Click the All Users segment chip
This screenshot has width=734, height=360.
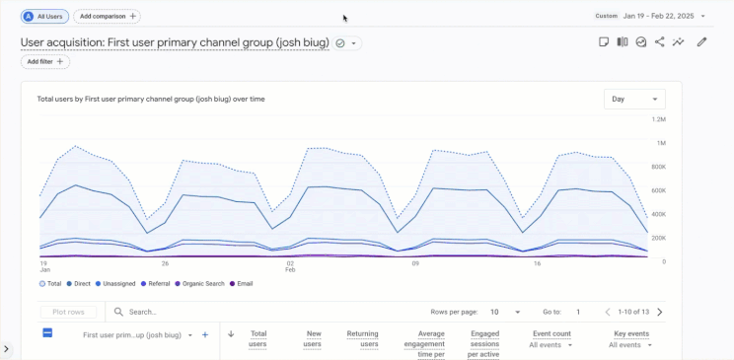tap(45, 17)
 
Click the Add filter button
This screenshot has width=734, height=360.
tap(46, 61)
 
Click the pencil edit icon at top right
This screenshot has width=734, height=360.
tap(701, 42)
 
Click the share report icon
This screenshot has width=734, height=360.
tap(660, 42)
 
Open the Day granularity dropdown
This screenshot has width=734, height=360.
tap(634, 99)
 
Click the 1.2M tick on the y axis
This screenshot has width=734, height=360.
tap(658, 119)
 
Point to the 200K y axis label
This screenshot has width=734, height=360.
tap(657, 238)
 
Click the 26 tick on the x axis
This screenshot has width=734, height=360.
tap(166, 263)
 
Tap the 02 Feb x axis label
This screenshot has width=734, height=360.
tap(291, 266)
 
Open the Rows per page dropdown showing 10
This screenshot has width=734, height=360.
tap(504, 312)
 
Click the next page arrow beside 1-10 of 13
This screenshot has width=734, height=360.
tap(659, 312)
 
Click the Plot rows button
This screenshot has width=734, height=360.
tap(69, 312)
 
